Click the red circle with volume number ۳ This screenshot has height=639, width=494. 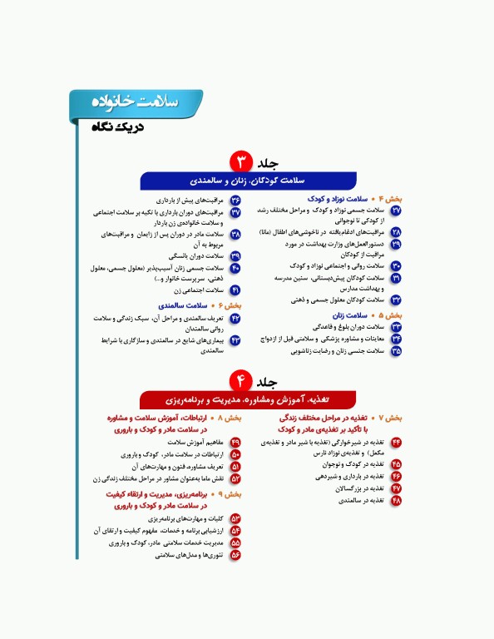[240, 160]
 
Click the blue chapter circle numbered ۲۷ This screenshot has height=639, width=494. [396, 211]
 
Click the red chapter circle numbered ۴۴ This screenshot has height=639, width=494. [396, 440]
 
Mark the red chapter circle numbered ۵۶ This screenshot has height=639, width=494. [235, 554]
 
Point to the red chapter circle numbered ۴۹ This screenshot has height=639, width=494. [235, 443]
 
